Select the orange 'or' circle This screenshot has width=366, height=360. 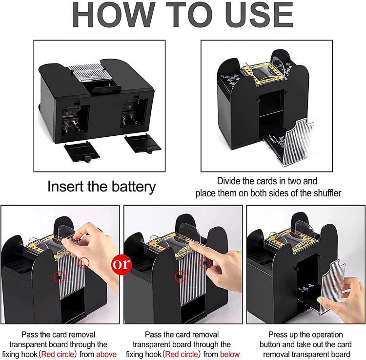(122, 264)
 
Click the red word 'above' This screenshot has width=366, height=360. (107, 354)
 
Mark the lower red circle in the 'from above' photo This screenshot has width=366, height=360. (59, 276)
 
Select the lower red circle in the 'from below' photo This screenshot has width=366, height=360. (179, 276)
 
